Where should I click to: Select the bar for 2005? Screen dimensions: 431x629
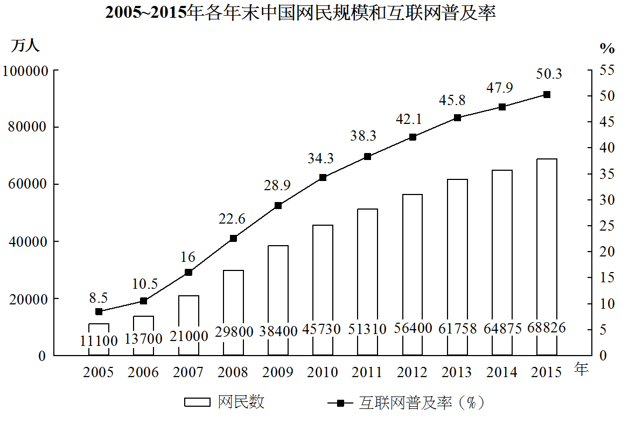[x=99, y=339]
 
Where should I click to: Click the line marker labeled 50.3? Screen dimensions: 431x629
[x=547, y=94]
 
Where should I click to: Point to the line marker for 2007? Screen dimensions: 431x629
[x=188, y=272]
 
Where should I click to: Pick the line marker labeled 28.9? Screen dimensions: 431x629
[x=278, y=205]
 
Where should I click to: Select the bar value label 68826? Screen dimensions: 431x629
[x=547, y=328]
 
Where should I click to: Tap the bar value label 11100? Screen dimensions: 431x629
[x=99, y=340]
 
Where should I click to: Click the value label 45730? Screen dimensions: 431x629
[x=323, y=329]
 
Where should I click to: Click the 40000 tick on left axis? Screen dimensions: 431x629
[x=29, y=242]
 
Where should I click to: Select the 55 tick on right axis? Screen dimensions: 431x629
[x=607, y=70]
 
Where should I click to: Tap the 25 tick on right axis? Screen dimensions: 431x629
[x=607, y=226]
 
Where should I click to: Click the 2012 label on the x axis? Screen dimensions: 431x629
[x=413, y=372]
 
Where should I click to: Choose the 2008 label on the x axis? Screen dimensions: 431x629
[x=233, y=372]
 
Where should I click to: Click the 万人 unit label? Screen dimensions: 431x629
[x=25, y=46]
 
